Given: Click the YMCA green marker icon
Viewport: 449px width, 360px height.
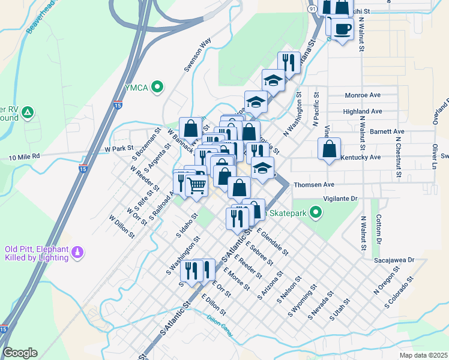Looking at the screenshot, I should pyautogui.click(x=158, y=88).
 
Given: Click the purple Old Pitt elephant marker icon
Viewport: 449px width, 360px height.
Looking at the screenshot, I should pyautogui.click(x=76, y=253).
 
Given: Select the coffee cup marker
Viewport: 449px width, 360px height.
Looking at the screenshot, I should pyautogui.click(x=343, y=30).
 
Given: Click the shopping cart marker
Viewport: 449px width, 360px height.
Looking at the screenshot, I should pyautogui.click(x=196, y=186).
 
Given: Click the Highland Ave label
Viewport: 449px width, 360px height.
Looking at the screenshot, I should pyautogui.click(x=363, y=112).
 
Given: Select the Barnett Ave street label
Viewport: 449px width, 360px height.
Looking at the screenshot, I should pyautogui.click(x=387, y=131).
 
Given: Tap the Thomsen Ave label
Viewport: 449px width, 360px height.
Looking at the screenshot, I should pyautogui.click(x=313, y=185).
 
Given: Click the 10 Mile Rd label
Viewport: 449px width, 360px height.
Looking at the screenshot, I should pyautogui.click(x=23, y=157).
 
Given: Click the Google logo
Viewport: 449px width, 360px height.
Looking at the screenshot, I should pyautogui.click(x=20, y=353).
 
